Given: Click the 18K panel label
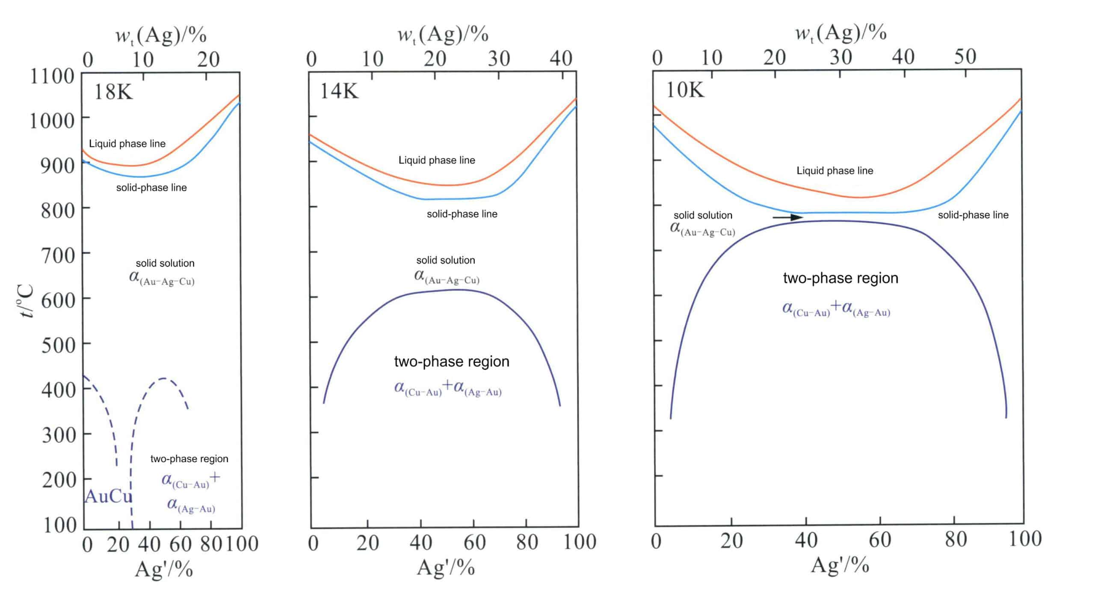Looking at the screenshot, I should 113,92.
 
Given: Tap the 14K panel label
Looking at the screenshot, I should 339,91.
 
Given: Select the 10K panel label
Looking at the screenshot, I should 685,90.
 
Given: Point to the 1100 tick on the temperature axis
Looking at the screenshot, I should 52,77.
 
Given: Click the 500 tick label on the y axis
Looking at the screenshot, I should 58,345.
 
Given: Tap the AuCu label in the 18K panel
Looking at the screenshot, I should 108,496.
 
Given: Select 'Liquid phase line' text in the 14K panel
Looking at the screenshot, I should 437,160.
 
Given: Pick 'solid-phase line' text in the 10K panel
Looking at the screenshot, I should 973,215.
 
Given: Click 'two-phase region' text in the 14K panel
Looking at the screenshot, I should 452,362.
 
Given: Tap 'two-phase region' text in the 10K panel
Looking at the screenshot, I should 840,278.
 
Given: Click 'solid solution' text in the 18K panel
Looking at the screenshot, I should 165,263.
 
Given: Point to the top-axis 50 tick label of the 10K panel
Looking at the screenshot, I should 965,56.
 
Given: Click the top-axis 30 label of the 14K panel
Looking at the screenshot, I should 499,58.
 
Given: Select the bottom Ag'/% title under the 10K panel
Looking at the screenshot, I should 840,565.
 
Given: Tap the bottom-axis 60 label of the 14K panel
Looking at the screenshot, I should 474,543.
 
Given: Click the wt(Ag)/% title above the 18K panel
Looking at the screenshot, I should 161,35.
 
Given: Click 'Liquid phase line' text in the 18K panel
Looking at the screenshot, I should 127,144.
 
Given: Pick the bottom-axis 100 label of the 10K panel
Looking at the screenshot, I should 1025,539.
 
